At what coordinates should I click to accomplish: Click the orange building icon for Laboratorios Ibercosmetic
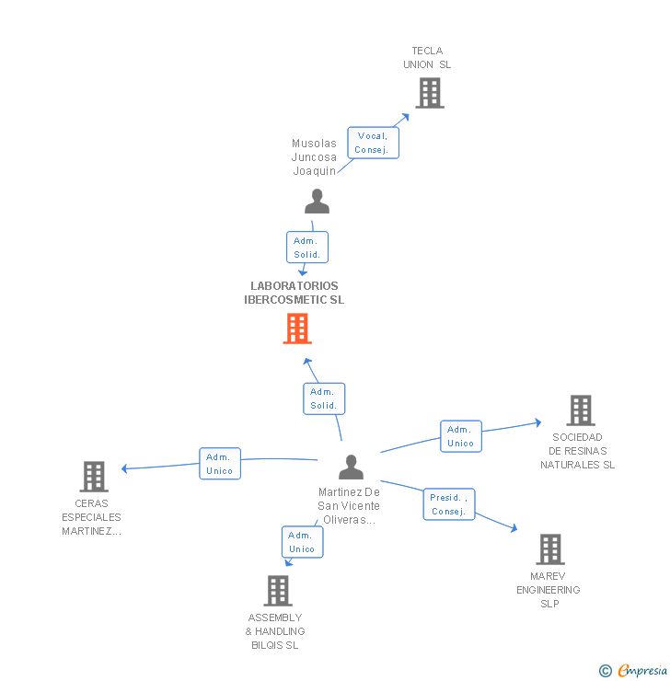(x=296, y=329)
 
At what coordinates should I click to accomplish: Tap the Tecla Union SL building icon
(x=429, y=93)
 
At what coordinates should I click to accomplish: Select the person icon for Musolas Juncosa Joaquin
(x=317, y=202)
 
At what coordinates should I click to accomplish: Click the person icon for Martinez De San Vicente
(x=351, y=467)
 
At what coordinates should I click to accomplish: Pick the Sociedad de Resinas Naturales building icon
(x=580, y=410)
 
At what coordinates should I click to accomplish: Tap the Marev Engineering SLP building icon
(x=549, y=549)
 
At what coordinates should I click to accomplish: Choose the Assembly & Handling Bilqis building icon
(x=277, y=591)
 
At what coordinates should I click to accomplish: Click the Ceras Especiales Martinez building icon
(x=94, y=477)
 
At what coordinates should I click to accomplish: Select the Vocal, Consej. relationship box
(x=373, y=143)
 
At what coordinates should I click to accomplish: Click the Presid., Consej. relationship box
(x=449, y=504)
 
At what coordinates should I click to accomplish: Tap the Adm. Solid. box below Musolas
(x=306, y=248)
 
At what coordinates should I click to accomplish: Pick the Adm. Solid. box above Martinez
(x=323, y=398)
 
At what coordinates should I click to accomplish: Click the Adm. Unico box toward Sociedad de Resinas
(x=460, y=436)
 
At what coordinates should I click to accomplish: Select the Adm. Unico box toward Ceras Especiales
(x=220, y=464)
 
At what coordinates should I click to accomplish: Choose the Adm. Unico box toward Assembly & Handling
(x=302, y=542)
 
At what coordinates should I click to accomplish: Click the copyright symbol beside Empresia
(x=605, y=671)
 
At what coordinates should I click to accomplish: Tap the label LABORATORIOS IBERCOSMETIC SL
(x=294, y=293)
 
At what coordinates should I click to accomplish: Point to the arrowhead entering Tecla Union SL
(x=405, y=117)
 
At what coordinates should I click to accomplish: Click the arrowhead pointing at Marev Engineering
(x=513, y=528)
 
